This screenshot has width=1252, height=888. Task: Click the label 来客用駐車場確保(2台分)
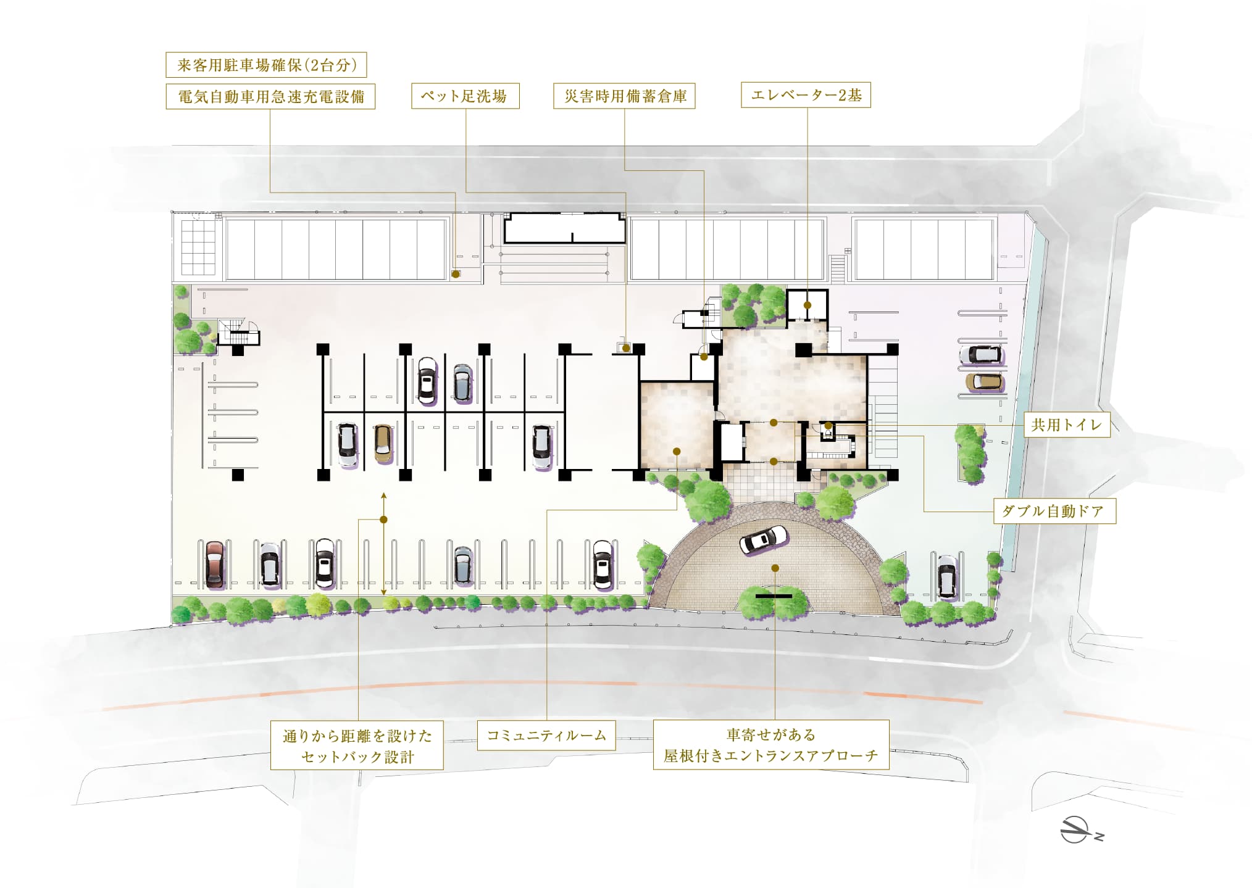coord(266,65)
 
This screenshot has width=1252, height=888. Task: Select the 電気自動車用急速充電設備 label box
coord(270,97)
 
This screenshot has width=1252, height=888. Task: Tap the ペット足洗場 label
coord(465,96)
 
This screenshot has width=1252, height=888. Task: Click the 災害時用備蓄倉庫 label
coord(624,96)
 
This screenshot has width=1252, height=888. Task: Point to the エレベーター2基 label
coord(806,95)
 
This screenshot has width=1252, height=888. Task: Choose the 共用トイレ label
coord(1067,425)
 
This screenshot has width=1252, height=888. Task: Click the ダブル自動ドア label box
coord(1054,511)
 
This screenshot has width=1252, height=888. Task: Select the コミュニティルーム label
coord(546,735)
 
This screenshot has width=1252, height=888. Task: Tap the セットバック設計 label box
coord(357,745)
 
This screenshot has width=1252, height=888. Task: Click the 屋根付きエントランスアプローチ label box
coord(771,745)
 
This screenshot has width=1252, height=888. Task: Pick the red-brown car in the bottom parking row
coord(214,564)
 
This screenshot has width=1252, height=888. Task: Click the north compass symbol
coord(1079,830)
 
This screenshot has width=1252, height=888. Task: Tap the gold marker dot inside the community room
coord(677,451)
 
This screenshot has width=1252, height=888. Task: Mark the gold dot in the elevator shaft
coord(808,305)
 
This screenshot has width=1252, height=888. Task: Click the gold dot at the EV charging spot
coord(456,274)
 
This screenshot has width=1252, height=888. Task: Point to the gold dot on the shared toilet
coord(828,426)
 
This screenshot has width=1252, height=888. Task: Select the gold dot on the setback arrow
coord(383,520)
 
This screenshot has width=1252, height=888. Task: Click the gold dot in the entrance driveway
coord(775,568)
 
